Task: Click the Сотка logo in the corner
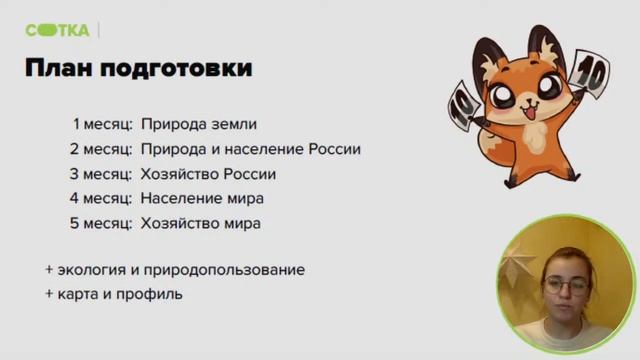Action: coord(57,30)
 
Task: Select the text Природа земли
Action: coord(199,125)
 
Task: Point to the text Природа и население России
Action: coord(250,150)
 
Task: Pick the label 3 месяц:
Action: coord(101,174)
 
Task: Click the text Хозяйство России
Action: coord(208,174)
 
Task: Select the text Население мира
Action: coord(202,199)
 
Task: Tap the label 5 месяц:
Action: coord(101,224)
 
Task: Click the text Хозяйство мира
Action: coord(201,224)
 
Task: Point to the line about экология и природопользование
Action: coord(175,270)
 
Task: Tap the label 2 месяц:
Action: coord(101,150)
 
